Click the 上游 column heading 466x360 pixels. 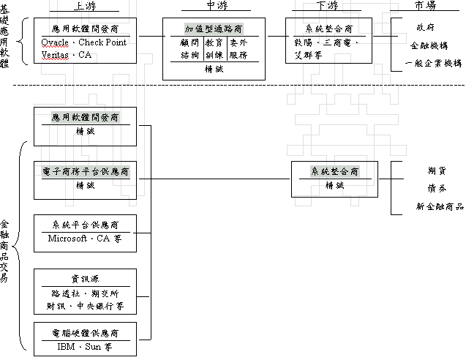point(85,7)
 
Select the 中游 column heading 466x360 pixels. point(214,7)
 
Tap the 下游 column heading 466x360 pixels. point(323,7)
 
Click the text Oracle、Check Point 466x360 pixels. point(86,42)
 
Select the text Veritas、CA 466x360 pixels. point(67,53)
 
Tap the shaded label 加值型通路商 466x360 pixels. point(214,29)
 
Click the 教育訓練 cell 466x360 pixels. point(214,49)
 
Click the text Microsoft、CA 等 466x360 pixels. point(85,239)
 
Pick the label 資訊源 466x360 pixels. point(85,279)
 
